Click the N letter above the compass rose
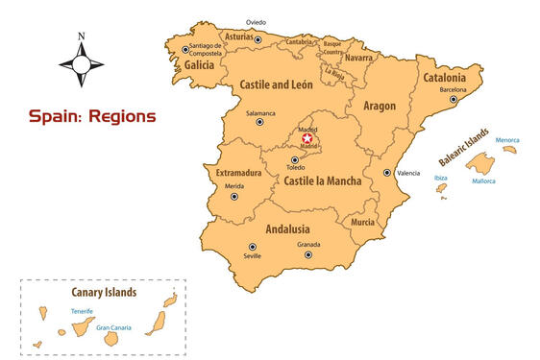(x=82, y=37)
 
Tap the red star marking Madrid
(x=307, y=138)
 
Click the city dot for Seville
(x=253, y=247)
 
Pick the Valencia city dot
(x=386, y=173)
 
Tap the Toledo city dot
(x=294, y=159)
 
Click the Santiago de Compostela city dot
(x=185, y=49)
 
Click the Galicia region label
(x=199, y=65)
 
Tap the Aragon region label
(x=380, y=106)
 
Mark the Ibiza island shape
(x=441, y=189)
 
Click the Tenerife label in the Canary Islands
(x=82, y=311)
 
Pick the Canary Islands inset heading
(x=104, y=292)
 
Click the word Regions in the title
(x=118, y=116)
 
